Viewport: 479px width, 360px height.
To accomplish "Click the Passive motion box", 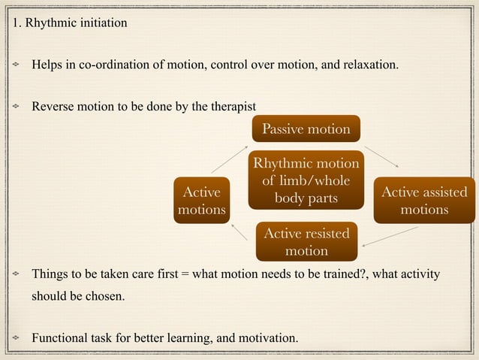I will (x=306, y=129).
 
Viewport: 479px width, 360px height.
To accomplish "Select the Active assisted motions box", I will (x=424, y=201).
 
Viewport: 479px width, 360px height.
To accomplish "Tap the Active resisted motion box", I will (x=306, y=241).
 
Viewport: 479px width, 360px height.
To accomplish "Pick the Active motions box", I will (x=201, y=201).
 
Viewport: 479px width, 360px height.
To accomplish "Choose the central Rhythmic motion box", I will (x=306, y=180).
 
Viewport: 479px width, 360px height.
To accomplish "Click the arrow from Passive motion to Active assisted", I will (x=381, y=153).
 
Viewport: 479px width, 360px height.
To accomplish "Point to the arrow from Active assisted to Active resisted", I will (x=395, y=236).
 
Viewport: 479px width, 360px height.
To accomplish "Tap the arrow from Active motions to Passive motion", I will (x=228, y=158).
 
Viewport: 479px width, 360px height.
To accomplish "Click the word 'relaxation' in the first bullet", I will (x=371, y=65).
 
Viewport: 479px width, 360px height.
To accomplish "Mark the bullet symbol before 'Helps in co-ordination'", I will (x=15, y=65).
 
